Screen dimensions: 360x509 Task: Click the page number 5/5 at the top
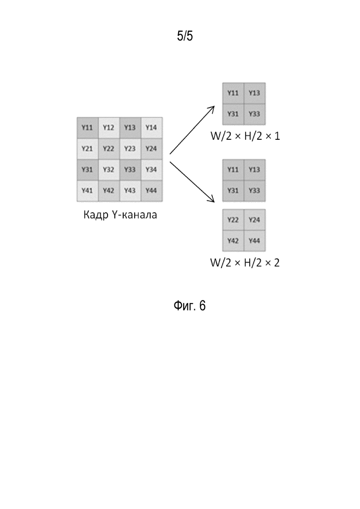coord(185,36)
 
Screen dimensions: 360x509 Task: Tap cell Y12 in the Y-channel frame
coord(109,128)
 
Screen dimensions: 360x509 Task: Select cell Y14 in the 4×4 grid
coord(151,128)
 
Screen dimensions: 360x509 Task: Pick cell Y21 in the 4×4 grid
coord(88,149)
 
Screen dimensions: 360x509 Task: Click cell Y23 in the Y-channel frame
coord(130,149)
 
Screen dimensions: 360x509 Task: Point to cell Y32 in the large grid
coord(109,170)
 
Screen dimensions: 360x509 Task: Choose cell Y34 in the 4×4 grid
coord(151,170)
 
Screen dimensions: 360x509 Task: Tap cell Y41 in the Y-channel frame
coord(88,191)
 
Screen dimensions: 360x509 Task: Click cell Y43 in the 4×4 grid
coord(130,191)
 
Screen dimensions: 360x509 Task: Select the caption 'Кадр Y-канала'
coord(120,215)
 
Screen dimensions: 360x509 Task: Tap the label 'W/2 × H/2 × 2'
coord(245,263)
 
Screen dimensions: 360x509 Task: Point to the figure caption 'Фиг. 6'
coord(190,306)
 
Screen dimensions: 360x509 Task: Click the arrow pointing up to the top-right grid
coord(192,130)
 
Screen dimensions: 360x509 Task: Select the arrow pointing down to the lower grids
coord(192,182)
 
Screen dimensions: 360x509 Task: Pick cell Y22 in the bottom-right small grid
coord(233,220)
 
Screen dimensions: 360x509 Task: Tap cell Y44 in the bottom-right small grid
coord(254,241)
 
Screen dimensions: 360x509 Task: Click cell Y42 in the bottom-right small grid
coord(233,241)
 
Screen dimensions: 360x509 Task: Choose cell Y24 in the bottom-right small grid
coord(254,220)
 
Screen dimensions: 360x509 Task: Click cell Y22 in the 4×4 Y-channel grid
coord(109,149)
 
